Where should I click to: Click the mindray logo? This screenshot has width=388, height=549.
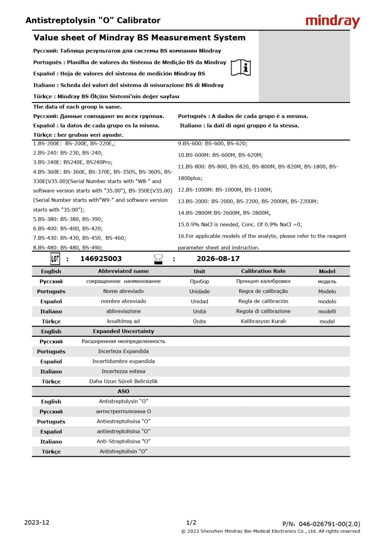point(333,21)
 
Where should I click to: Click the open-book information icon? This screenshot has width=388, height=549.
point(241,68)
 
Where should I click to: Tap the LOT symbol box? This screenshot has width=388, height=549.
point(55,259)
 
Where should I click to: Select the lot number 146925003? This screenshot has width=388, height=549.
point(101,259)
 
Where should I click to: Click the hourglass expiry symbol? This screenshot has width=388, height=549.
point(158,259)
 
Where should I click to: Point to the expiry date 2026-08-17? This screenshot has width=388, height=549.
point(218,259)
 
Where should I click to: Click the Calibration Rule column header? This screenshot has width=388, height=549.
point(263,271)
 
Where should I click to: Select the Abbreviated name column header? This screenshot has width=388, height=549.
point(123,271)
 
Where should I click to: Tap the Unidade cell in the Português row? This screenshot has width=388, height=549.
point(199,291)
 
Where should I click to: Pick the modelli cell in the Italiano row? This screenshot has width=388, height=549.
point(327,311)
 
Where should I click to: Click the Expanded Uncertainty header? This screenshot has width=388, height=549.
point(123,331)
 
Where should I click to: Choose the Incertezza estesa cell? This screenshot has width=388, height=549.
point(123,371)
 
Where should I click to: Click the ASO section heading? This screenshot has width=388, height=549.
point(123,391)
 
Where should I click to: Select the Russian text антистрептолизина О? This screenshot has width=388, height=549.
point(123,411)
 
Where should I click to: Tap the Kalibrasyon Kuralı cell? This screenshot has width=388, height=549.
point(263,321)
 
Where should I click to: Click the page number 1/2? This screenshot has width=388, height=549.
point(191,522)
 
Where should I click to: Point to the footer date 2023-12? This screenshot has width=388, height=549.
point(37,522)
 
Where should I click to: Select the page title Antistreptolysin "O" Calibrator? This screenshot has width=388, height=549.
point(93,20)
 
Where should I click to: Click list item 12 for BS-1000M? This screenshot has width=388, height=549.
point(225,190)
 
